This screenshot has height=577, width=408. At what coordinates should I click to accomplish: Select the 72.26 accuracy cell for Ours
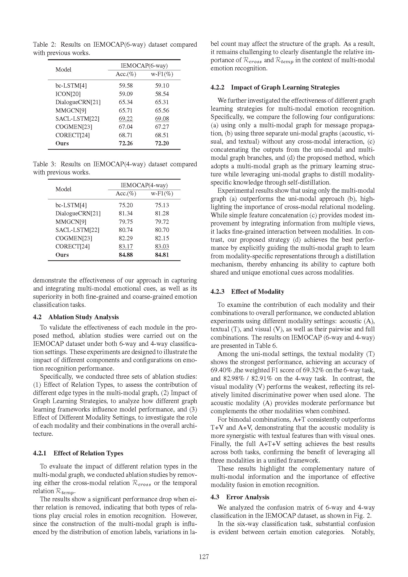126,143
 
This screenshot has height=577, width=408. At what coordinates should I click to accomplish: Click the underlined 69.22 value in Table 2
126,119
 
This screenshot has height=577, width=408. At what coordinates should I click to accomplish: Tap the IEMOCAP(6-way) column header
144,66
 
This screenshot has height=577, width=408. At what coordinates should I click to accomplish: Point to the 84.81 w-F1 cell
162,255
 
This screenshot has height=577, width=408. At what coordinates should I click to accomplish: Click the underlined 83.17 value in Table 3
126,246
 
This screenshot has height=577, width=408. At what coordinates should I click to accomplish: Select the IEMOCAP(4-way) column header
144,185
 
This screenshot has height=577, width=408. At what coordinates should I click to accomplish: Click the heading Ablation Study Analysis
83,317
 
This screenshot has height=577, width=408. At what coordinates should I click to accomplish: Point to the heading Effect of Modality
258,292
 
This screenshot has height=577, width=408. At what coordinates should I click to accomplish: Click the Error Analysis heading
247,497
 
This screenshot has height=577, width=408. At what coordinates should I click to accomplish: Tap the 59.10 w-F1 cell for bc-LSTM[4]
162,85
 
